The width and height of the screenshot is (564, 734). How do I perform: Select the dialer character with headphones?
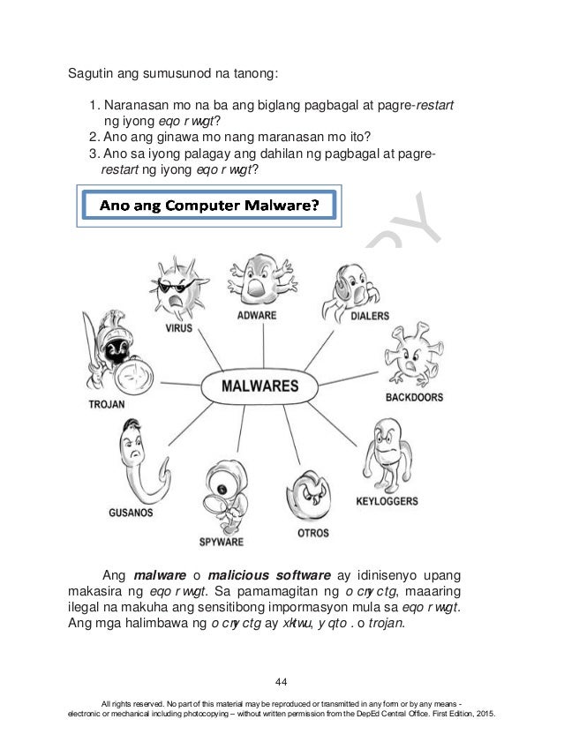tap(350, 273)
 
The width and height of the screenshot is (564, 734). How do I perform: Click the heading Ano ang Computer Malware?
tap(209, 206)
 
